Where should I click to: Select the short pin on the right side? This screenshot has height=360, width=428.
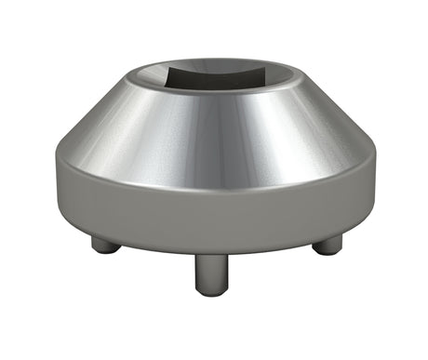point(327,245)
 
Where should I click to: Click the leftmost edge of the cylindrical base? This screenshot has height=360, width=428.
point(55,195)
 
